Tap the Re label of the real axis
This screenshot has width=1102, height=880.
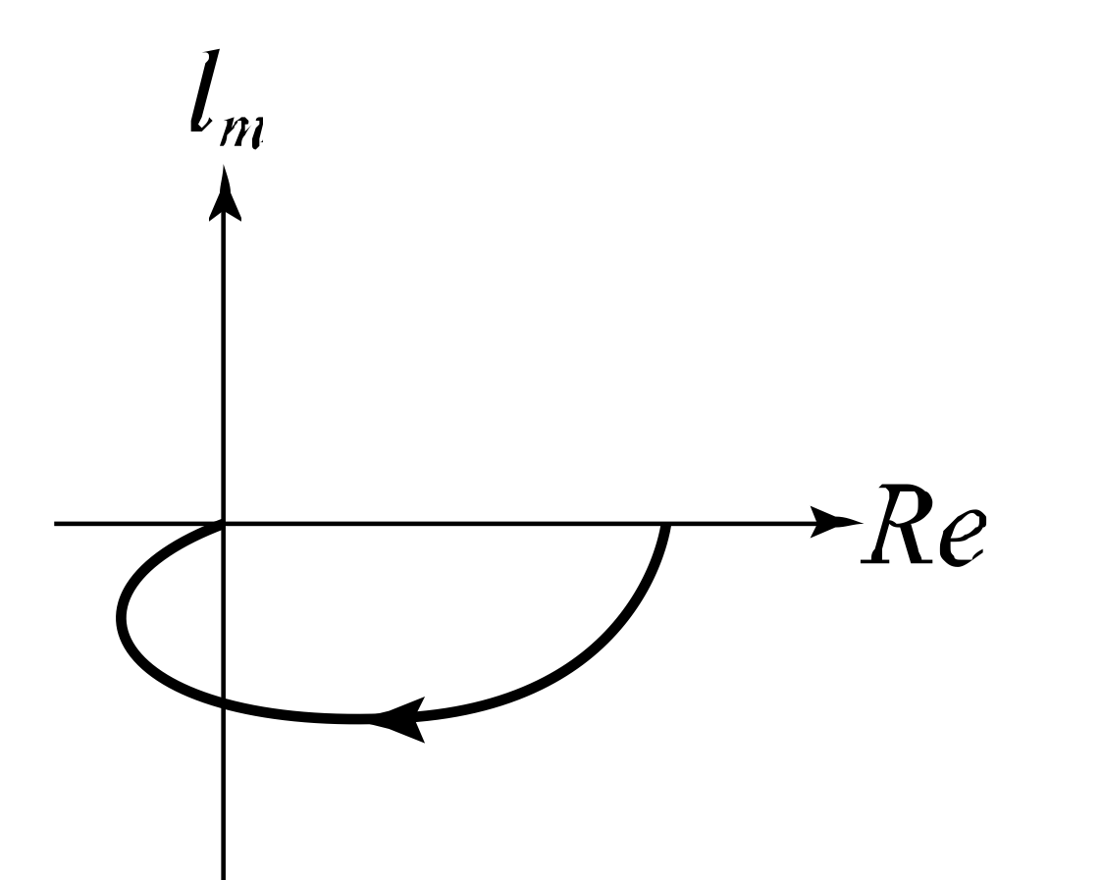(x=921, y=525)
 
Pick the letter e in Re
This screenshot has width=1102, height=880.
(x=958, y=535)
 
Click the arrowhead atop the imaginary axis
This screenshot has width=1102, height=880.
(x=226, y=191)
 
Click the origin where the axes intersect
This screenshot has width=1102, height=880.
(x=225, y=523)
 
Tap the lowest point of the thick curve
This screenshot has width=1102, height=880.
(x=348, y=721)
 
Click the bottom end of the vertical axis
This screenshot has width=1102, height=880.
(x=225, y=873)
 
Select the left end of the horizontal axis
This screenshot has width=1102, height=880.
(x=57, y=523)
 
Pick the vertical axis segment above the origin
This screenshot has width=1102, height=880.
(x=225, y=363)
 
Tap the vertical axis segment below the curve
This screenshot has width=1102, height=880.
(x=225, y=795)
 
